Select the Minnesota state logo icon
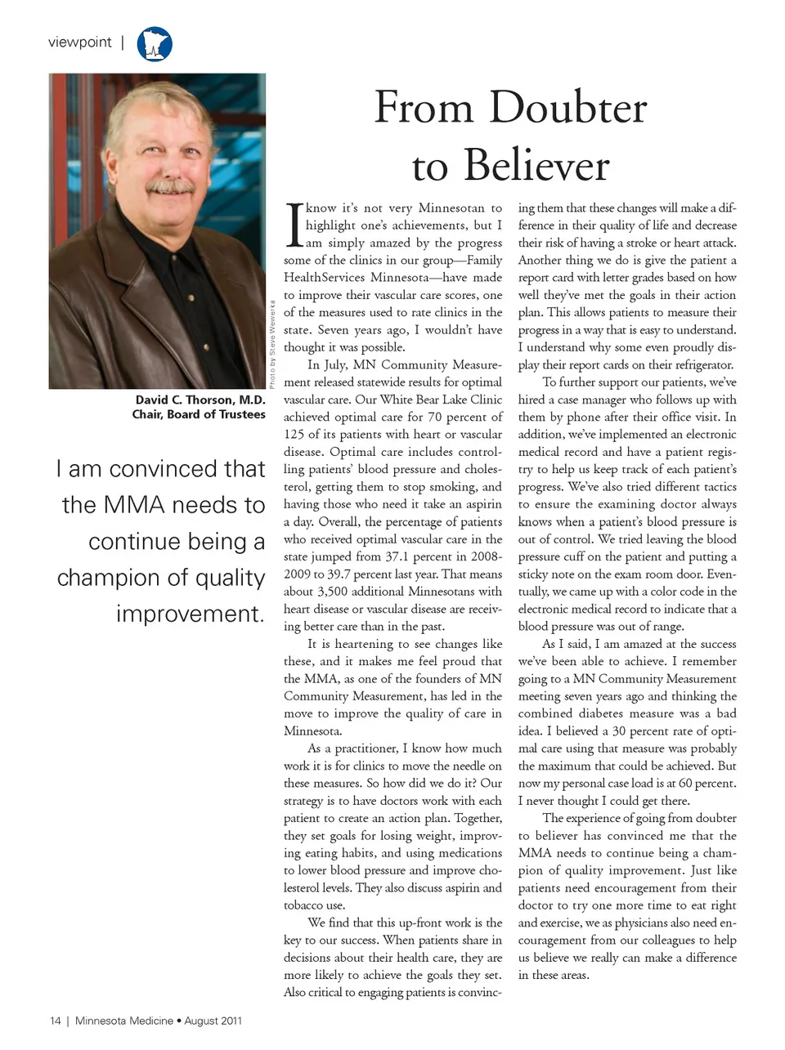tap(155, 44)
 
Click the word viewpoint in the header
tap(79, 42)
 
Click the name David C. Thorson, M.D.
tap(200, 400)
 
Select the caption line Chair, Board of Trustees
tap(199, 414)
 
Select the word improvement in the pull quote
tap(191, 614)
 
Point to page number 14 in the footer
tap(56, 1021)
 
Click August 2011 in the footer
tap(213, 1021)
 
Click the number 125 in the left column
tap(294, 435)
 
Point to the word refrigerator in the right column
tap(696, 365)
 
